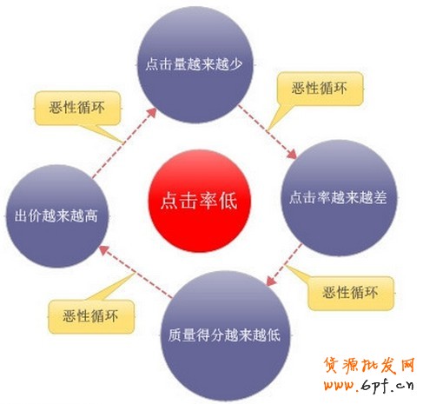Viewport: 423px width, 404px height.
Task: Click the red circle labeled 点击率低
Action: point(199,201)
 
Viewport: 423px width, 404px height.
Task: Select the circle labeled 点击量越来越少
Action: point(195,64)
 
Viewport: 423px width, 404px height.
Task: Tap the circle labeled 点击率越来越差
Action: point(340,198)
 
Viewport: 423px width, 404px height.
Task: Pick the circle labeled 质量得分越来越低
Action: point(225,336)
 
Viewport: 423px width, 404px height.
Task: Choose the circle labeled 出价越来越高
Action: point(57,216)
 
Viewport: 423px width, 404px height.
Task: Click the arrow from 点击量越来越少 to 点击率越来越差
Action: point(267,132)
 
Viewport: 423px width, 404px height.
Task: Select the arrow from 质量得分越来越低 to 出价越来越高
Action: point(135,272)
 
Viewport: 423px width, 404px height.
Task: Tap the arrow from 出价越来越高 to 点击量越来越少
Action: point(124,142)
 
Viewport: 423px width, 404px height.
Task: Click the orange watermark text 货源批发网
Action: point(369,366)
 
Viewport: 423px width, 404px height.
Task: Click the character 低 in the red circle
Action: point(228,201)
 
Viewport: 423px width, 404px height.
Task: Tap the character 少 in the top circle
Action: point(235,64)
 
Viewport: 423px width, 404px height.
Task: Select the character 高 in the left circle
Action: point(91,216)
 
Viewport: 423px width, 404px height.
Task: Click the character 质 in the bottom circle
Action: point(175,335)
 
